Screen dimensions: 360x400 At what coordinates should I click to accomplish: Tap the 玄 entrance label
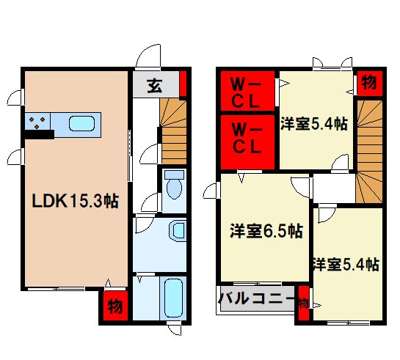pos(155,84)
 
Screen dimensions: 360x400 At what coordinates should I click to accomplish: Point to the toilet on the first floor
pos(174,185)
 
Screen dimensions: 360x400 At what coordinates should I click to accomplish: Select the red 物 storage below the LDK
pos(115,306)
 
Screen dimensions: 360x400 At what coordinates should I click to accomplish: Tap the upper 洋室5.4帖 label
pos(313,124)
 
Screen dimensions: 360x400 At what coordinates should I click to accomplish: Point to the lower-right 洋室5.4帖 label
pos(344,264)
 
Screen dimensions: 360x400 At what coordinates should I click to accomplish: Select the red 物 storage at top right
pos(369,83)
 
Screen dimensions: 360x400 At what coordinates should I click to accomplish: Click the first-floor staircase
pos(173,132)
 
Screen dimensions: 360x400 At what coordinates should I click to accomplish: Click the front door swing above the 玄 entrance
pos(150,56)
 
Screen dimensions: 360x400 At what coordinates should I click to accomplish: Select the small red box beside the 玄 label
pos(184,84)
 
